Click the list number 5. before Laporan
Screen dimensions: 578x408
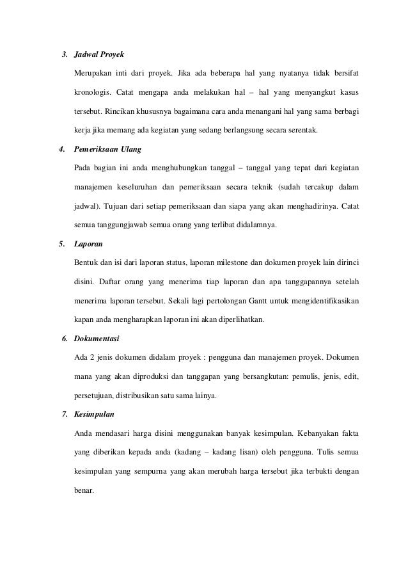click(x=62, y=244)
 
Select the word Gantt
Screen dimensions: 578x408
click(x=272, y=301)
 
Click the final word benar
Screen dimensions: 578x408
click(x=83, y=490)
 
